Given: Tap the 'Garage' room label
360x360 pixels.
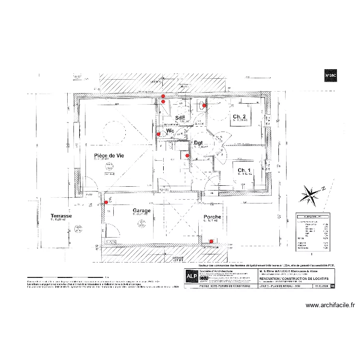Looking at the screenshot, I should coord(142,210).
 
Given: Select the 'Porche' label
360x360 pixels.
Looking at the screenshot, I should coord(212,217).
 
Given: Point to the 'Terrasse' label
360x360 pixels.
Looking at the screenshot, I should coord(61,216).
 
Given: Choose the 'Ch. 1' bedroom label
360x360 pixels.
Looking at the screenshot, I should coord(244,170).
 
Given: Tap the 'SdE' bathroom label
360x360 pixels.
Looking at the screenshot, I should coord(180,118).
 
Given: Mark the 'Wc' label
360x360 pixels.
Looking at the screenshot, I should coord(170,131).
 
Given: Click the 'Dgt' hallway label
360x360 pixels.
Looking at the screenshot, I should coord(199,143).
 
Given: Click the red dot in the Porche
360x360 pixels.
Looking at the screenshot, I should coord(211,241).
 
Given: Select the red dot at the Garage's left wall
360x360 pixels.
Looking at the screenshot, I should coord(106,202).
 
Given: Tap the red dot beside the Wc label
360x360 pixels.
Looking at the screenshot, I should coord(159,134).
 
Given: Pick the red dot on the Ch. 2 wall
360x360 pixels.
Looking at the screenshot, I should coord(204,106).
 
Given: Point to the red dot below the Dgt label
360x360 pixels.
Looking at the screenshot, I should coord(187,156).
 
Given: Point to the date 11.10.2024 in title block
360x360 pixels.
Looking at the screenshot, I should coord(322,286).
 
